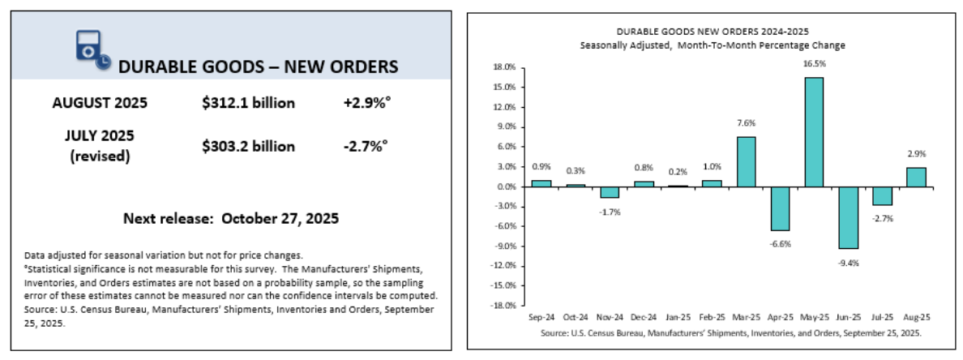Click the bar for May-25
tap(814, 132)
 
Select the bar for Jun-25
tap(848, 217)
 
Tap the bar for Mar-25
tap(746, 161)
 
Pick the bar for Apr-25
tap(780, 208)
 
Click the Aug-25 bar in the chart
tap(916, 177)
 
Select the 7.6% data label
tap(746, 123)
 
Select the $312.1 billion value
tap(249, 103)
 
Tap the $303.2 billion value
tap(249, 146)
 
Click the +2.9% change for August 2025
tap(365, 103)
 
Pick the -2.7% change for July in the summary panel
tap(365, 146)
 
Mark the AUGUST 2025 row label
tap(100, 103)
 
